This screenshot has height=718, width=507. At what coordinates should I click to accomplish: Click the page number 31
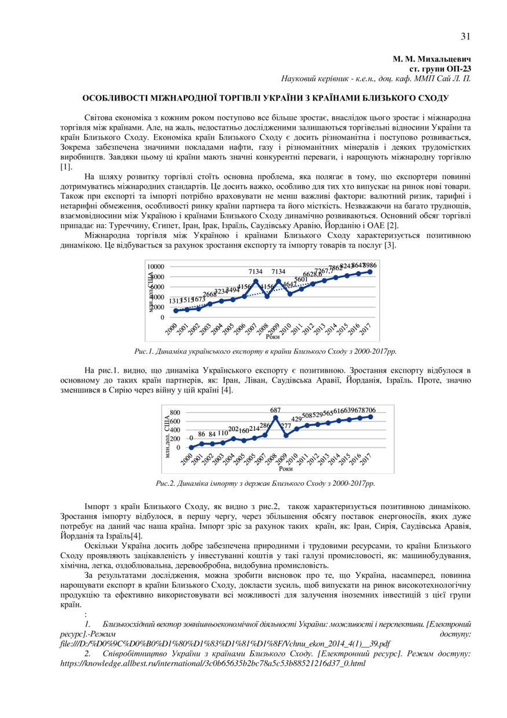[465, 36]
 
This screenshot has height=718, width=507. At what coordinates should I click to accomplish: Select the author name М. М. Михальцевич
[432, 59]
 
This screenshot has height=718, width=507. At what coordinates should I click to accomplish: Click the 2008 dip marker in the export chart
[267, 296]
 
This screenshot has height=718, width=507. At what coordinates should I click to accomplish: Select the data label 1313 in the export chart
[175, 301]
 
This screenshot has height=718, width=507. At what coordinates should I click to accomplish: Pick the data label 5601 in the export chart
[301, 279]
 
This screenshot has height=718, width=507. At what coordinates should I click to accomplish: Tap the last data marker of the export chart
[370, 272]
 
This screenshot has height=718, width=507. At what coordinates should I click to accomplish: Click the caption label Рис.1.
[144, 351]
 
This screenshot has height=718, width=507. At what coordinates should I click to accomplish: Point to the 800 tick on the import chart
[174, 412]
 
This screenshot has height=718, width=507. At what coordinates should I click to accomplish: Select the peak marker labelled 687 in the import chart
[275, 417]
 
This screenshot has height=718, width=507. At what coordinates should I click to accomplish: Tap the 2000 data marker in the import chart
[191, 448]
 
